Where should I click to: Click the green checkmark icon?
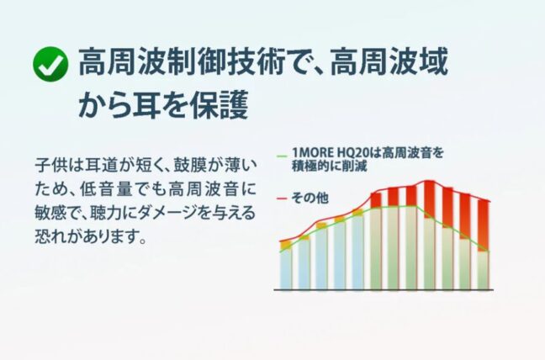coord(50,64)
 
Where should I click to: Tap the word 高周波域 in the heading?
coord(389,62)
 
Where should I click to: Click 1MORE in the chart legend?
coord(313,153)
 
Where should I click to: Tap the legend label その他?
coord(310,198)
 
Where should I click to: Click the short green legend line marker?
coord(282,156)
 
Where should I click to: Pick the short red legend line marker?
coord(282,199)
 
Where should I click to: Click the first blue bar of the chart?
coord(286,265)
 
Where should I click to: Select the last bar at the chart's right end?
coord(483,245)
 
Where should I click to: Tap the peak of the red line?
coord(429,181)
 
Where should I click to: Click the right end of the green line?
coord(489,251)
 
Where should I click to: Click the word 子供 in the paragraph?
coord(47,166)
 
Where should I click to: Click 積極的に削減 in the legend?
coord(329,166)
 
